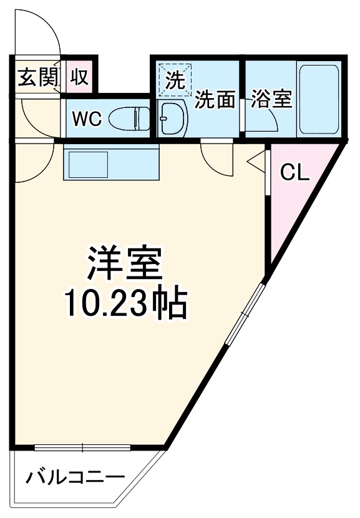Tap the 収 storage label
click(x=78, y=78)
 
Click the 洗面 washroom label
click(x=214, y=100)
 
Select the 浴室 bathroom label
click(x=272, y=100)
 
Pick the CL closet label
click(x=294, y=173)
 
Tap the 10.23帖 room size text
click(x=125, y=304)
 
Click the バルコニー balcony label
click(x=75, y=479)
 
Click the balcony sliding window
click(x=82, y=447)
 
